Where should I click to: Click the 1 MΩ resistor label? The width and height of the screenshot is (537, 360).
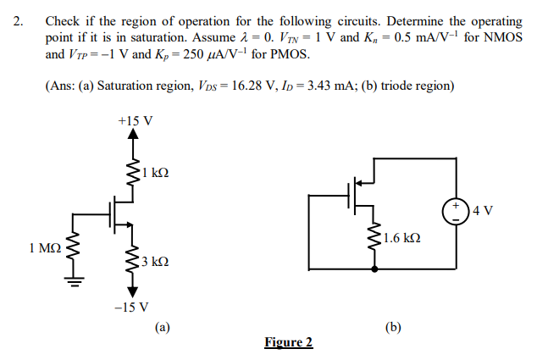click(x=44, y=248)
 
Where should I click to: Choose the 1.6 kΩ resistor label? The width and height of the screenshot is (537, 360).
click(x=401, y=238)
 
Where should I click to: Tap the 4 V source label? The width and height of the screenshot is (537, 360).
click(x=484, y=208)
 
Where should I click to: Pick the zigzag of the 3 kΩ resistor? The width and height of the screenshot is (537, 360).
click(x=132, y=260)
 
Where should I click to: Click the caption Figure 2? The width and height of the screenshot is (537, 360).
click(x=288, y=342)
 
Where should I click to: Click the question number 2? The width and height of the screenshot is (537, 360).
click(x=19, y=20)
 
